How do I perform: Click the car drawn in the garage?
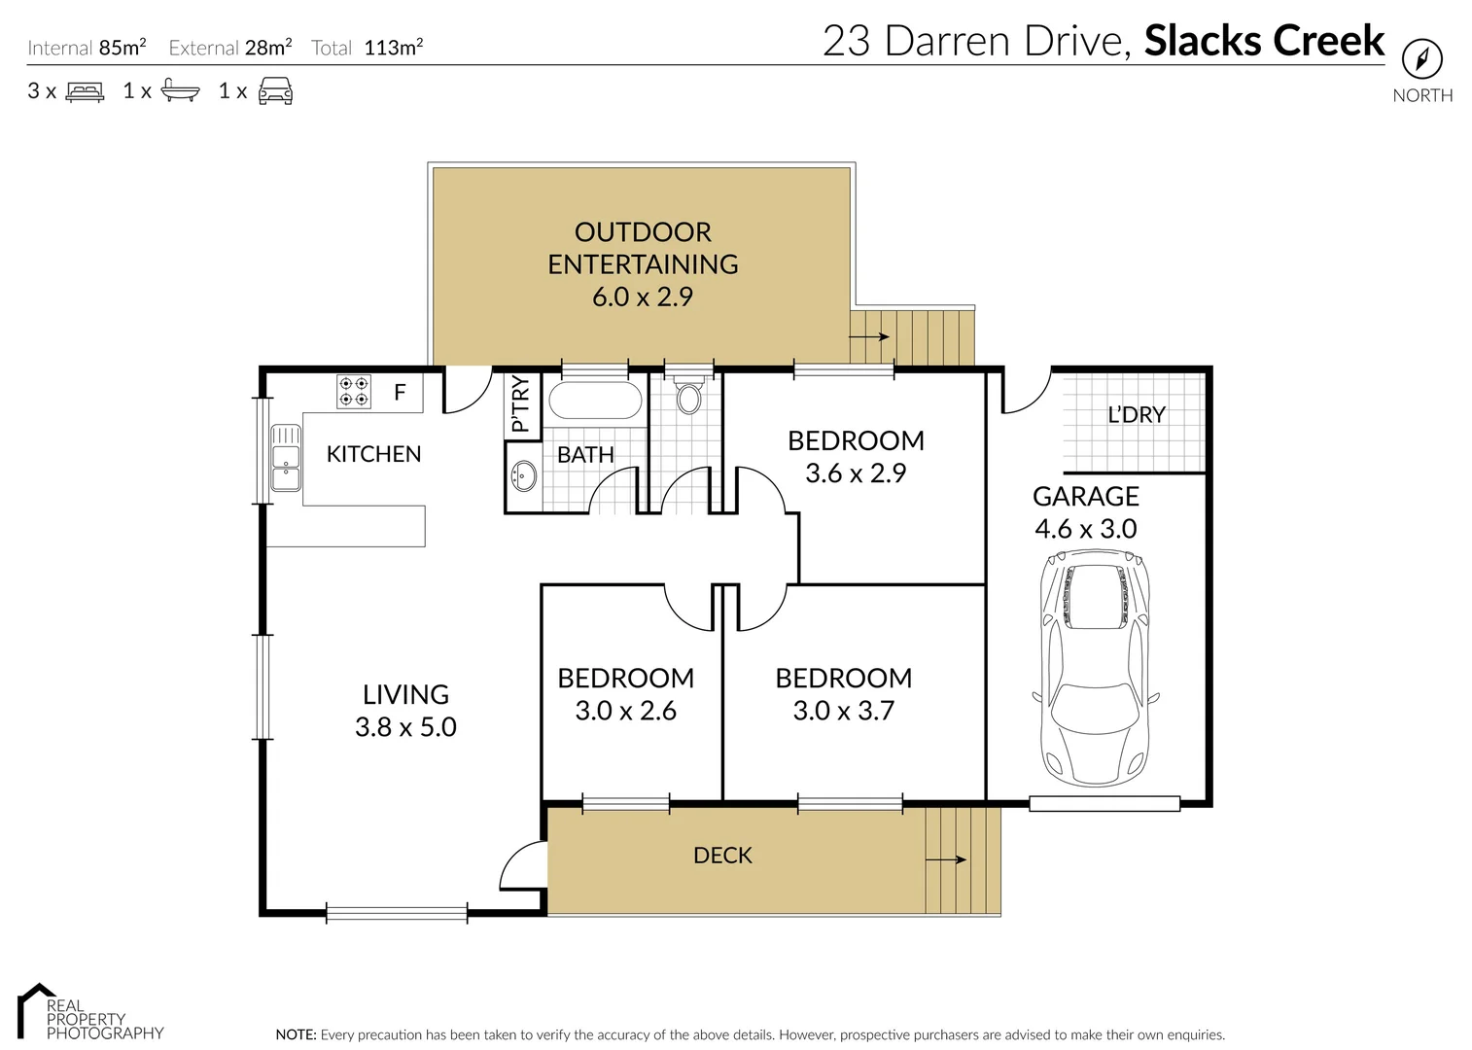click(1095, 669)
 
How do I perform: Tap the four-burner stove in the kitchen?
click(353, 392)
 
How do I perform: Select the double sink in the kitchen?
click(285, 458)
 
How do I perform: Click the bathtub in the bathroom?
click(595, 401)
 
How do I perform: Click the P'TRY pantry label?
click(521, 404)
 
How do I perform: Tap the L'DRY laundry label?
click(1136, 415)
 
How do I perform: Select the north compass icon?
click(1421, 59)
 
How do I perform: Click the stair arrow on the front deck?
click(945, 859)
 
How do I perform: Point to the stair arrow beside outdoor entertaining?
click(869, 337)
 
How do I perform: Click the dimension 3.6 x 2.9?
click(856, 473)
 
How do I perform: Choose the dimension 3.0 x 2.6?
click(625, 711)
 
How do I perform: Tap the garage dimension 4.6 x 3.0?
click(1085, 529)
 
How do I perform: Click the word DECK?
click(722, 856)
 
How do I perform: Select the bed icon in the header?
click(85, 92)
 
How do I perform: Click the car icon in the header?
click(275, 91)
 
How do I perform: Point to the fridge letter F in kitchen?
click(399, 394)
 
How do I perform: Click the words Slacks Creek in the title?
click(1264, 41)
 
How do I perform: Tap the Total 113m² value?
click(393, 48)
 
